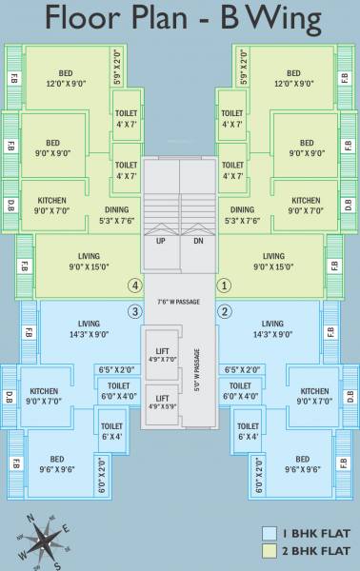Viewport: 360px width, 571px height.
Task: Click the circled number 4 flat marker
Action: click(x=135, y=285)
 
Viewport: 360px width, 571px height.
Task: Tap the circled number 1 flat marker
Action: click(x=225, y=285)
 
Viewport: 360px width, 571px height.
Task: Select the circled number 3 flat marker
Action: click(x=135, y=311)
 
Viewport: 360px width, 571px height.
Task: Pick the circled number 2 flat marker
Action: click(x=225, y=311)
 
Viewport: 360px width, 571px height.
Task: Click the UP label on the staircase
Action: click(x=161, y=241)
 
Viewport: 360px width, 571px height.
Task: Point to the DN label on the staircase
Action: click(x=198, y=241)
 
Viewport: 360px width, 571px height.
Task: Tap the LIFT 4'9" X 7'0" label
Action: click(x=162, y=355)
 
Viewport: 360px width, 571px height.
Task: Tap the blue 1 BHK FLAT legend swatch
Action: click(x=270, y=534)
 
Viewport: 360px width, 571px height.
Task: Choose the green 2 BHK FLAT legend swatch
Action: click(x=270, y=551)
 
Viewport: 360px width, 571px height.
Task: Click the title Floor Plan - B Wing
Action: click(x=180, y=20)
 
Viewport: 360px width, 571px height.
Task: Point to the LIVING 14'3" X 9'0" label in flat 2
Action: click(x=272, y=328)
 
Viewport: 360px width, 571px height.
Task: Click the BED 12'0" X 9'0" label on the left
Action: click(x=66, y=78)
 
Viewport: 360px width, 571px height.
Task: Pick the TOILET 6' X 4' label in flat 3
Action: click(x=111, y=431)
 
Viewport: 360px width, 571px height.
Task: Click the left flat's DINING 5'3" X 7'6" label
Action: click(x=117, y=215)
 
